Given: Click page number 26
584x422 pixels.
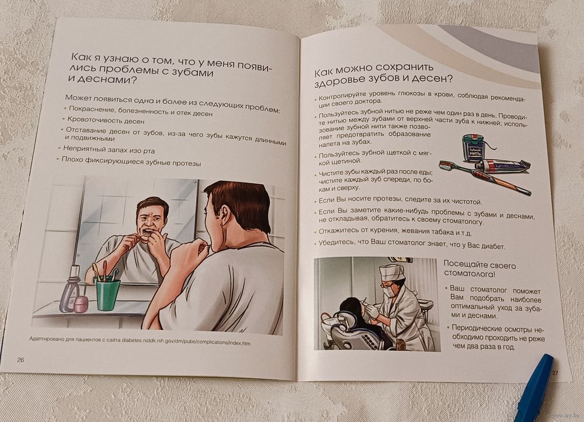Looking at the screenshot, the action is pyautogui.click(x=20, y=360).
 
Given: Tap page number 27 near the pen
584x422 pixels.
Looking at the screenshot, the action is pyautogui.click(x=555, y=372).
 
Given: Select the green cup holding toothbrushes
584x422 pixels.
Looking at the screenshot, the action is pyautogui.click(x=108, y=294).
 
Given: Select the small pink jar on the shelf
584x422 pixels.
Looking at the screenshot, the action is pyautogui.click(x=81, y=304).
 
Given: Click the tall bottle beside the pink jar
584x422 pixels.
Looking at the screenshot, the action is pyautogui.click(x=70, y=290).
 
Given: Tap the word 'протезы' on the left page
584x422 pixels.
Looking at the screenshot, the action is pyautogui.click(x=187, y=163).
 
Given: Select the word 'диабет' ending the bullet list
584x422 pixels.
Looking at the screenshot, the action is pyautogui.click(x=494, y=246).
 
